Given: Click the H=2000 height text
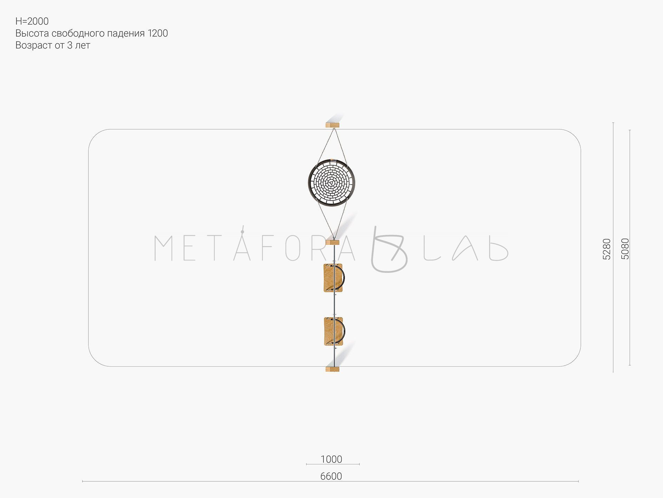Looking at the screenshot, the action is pos(32,21).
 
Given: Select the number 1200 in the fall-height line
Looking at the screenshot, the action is pos(158,33).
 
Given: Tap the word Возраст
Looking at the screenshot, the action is pos(34,45).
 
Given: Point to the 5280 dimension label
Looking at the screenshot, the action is pos(607,249).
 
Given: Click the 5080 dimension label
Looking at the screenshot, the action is pos(625,249).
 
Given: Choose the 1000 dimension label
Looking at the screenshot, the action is pos(331,459).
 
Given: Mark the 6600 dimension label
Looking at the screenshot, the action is pos(331,476).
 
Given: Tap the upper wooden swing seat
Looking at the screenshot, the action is pos(333,278).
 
